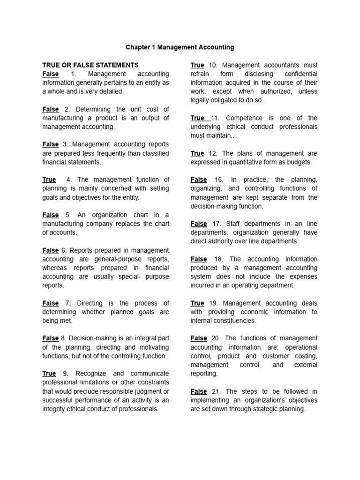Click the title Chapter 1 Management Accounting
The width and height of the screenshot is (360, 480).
click(x=180, y=47)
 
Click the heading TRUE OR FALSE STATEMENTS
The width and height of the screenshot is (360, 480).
click(x=90, y=65)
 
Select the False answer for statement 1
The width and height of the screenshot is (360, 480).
click(x=51, y=74)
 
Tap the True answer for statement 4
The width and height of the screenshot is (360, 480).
click(x=49, y=180)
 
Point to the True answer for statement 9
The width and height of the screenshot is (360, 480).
click(x=49, y=374)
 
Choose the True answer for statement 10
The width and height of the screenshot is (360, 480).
click(x=197, y=65)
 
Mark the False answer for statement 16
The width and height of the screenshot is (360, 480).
click(x=199, y=180)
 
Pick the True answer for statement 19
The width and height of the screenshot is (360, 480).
click(x=197, y=303)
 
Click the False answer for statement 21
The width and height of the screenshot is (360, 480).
click(x=199, y=391)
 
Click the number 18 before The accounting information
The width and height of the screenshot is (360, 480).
click(x=218, y=259)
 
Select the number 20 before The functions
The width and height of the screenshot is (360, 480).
click(x=216, y=338)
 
